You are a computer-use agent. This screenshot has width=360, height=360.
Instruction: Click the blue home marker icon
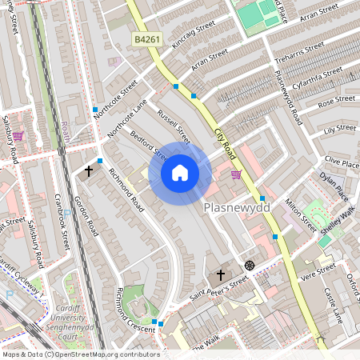click(x=180, y=173)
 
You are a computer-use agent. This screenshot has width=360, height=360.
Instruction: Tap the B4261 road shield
click(x=146, y=39)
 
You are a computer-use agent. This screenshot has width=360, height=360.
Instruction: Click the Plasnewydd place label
click(x=238, y=207)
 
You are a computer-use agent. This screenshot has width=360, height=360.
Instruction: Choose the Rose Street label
click(x=337, y=103)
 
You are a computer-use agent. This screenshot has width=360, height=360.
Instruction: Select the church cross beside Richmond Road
click(x=90, y=171)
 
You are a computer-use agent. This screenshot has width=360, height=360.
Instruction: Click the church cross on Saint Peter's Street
click(x=221, y=274)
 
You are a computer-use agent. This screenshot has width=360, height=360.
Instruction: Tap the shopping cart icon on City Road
click(x=236, y=174)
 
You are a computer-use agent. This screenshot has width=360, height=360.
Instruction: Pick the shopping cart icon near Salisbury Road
click(x=18, y=136)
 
